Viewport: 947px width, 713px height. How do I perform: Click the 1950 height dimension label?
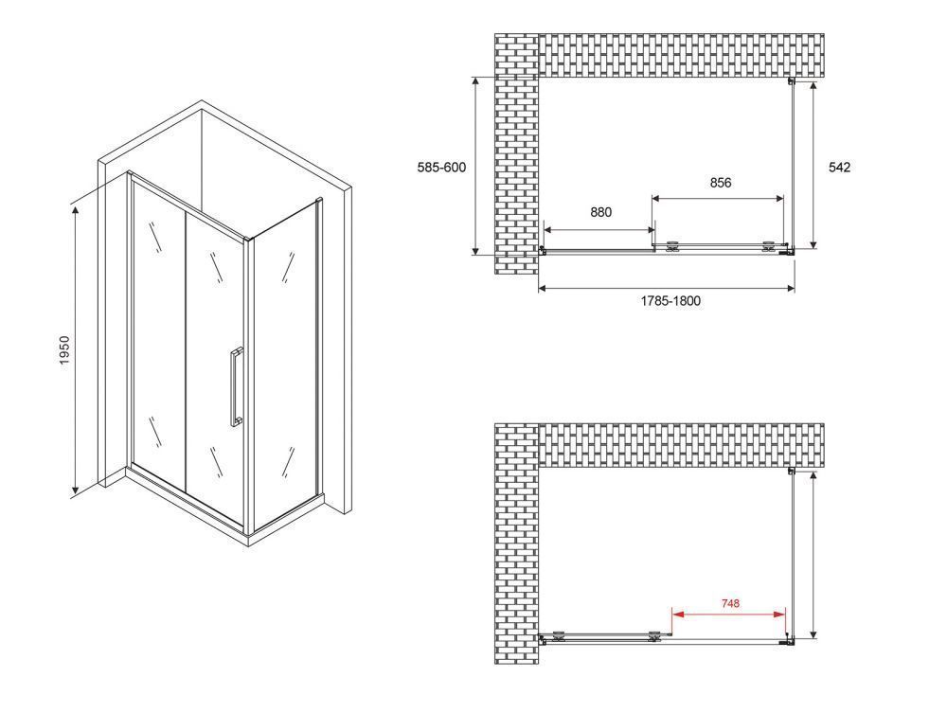click(x=64, y=350)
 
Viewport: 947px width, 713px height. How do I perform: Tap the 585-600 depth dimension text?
click(x=441, y=168)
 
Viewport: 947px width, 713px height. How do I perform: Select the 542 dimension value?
click(x=839, y=168)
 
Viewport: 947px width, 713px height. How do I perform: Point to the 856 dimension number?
click(x=721, y=183)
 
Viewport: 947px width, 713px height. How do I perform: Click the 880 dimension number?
click(x=601, y=212)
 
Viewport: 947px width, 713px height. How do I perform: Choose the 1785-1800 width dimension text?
click(x=671, y=301)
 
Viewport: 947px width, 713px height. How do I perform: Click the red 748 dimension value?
click(x=730, y=602)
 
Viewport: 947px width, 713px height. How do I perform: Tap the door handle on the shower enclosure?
click(x=236, y=387)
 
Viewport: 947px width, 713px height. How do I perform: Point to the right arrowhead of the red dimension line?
click(x=780, y=614)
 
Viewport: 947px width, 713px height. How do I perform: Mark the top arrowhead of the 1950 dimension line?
click(x=76, y=210)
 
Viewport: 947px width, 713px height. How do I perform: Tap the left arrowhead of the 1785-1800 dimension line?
click(x=543, y=289)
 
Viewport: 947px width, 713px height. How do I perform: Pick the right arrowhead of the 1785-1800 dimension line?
click(x=790, y=289)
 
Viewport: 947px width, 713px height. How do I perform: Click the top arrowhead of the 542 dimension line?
click(x=813, y=86)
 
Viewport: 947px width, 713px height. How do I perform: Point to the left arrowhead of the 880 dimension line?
click(x=549, y=229)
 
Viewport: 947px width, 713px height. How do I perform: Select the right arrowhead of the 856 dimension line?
click(x=778, y=197)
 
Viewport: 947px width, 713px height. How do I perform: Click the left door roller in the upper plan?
click(x=671, y=246)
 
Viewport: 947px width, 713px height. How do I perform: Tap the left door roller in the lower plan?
click(x=559, y=634)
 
